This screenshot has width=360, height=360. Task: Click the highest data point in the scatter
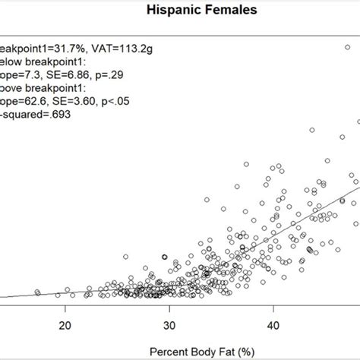[x=348, y=49]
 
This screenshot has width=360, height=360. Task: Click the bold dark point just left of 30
[x=164, y=257]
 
